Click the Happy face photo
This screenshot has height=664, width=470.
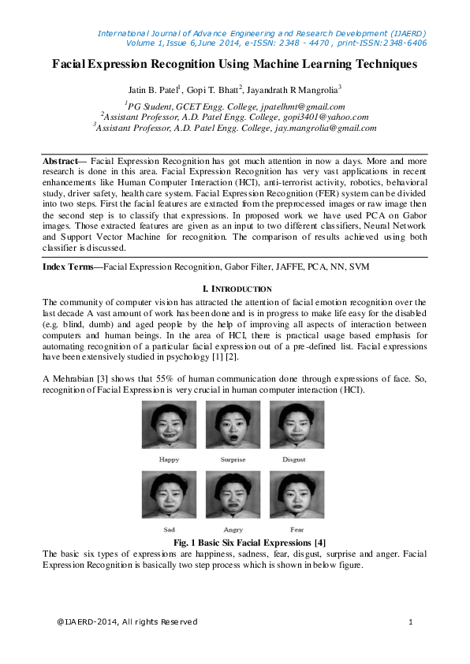tap(170, 425)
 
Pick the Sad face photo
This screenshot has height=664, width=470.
tap(170, 494)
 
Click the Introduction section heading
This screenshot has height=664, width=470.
tap(237, 289)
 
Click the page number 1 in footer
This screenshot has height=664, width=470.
tap(411, 622)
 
